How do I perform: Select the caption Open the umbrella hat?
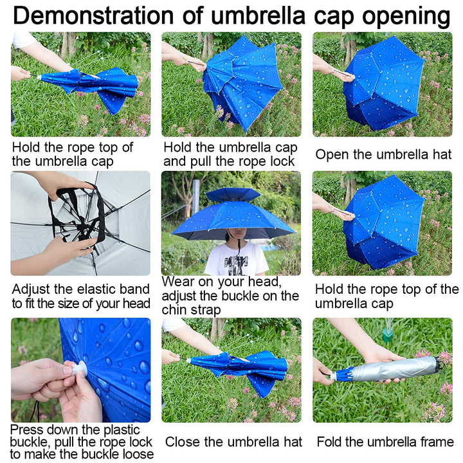click(x=383, y=155)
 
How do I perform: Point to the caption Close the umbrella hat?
click(x=233, y=442)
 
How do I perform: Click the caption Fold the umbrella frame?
click(x=385, y=442)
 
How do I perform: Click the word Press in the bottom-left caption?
click(x=29, y=429)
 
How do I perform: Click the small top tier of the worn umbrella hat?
click(x=232, y=194)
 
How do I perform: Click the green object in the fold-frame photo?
click(x=386, y=334)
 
